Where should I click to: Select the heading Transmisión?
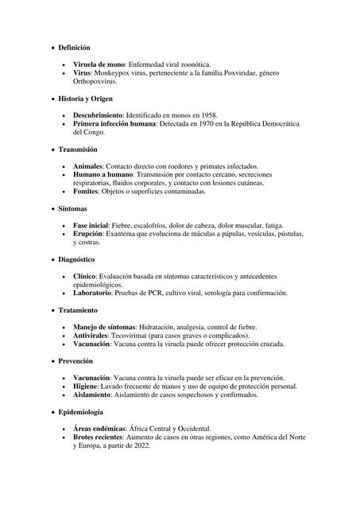tap(78, 149)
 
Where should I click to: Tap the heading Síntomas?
tap(73, 208)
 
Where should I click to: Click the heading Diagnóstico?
tap(77, 258)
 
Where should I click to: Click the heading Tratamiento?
tap(78, 309)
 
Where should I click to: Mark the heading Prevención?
tap(76, 360)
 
